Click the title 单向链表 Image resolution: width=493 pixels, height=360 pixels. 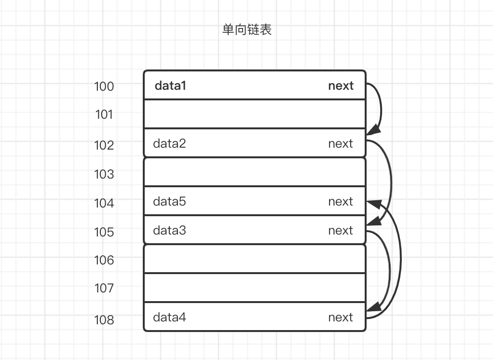click(246, 30)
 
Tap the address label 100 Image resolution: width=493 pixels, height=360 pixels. click(104, 87)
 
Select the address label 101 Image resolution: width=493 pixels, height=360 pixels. click(104, 115)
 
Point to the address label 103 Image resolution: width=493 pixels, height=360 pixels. click(104, 174)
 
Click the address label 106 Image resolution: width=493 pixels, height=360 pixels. click(104, 261)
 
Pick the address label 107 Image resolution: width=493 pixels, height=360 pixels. click(104, 289)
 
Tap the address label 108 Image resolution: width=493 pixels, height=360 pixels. click(104, 320)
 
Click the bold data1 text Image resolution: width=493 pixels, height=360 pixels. click(170, 86)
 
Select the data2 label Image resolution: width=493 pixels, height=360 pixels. click(169, 144)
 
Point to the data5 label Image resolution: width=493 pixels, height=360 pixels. click(169, 202)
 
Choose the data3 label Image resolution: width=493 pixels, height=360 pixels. click(169, 231)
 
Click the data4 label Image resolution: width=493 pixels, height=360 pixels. click(169, 318)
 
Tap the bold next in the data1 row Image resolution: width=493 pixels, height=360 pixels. click(341, 86)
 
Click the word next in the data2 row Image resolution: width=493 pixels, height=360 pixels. click(341, 144)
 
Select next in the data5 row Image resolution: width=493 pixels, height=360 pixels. click(341, 202)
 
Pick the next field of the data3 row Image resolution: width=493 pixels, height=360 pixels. click(341, 231)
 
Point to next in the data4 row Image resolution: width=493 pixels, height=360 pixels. click(341, 318)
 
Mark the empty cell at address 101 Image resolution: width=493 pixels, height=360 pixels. click(255, 114)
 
